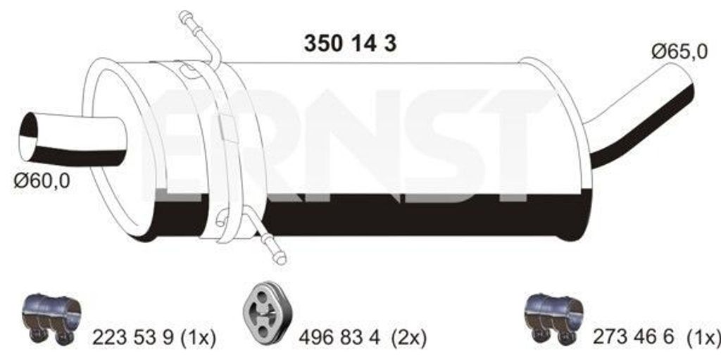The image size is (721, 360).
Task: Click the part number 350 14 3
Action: point(350,44)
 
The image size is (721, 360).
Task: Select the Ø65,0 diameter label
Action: point(679,51)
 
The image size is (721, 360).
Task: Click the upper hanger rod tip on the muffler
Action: point(186,16)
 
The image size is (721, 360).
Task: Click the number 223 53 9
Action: point(133,337)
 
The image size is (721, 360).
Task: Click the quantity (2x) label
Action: point(410,337)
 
